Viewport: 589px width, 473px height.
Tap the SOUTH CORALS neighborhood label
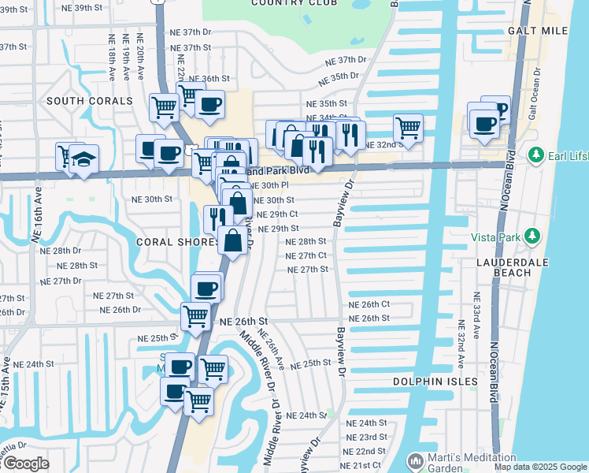pyautogui.click(x=89, y=101)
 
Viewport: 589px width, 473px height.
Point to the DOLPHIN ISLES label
pyautogui.click(x=435, y=382)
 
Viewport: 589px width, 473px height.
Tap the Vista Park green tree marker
pyautogui.click(x=532, y=236)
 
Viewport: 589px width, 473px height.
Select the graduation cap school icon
pyautogui.click(x=83, y=160)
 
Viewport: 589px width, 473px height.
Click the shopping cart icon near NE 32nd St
pyautogui.click(x=408, y=126)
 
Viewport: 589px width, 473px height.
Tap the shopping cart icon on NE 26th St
pyautogui.click(x=195, y=316)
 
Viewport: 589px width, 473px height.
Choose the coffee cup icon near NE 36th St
pyautogui.click(x=209, y=104)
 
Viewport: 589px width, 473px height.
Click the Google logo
pyautogui.click(x=25, y=464)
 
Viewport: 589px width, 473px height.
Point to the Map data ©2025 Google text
pyautogui.click(x=540, y=467)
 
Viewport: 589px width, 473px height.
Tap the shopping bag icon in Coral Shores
pyautogui.click(x=233, y=240)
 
